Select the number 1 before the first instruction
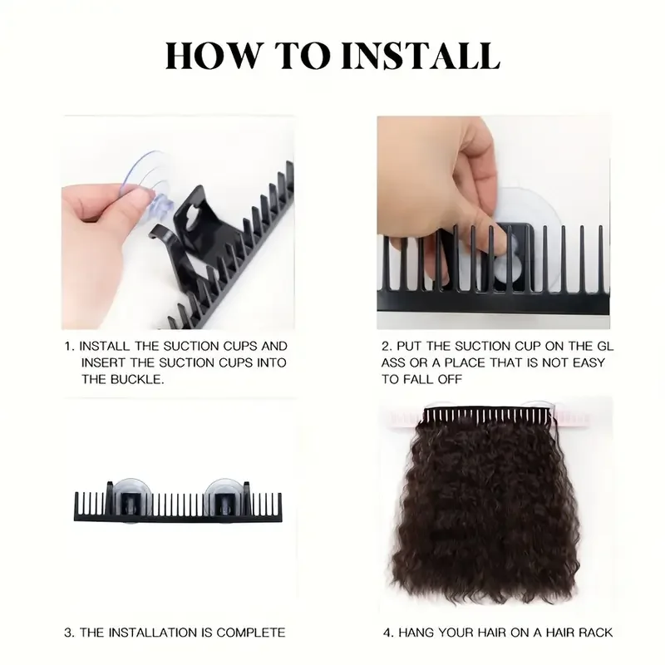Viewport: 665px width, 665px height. pyautogui.click(x=68, y=347)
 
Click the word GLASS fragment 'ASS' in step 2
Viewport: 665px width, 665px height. pyautogui.click(x=393, y=363)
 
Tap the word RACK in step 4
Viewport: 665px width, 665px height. pyautogui.click(x=596, y=633)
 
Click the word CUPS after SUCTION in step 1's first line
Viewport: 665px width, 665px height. pyautogui.click(x=238, y=347)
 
